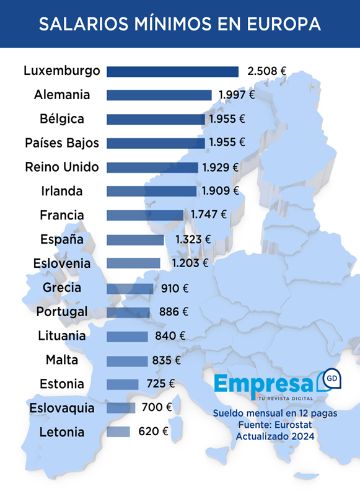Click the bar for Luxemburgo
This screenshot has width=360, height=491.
pos(172,71)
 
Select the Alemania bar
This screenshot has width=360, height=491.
pos(159,95)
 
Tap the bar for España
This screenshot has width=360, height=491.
pos(135,239)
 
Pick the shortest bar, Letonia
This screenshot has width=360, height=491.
pos(118,431)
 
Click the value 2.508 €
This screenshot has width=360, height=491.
pos(266,71)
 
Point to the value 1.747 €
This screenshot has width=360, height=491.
pos(208,215)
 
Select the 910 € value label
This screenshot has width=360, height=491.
pos(174,288)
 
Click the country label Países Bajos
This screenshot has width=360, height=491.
pos(62,143)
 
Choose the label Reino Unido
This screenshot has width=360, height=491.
pos(62,167)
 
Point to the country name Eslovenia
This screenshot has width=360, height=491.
pos(62,263)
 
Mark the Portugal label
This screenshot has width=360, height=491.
pos(62,311)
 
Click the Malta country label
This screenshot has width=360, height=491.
pos(62,360)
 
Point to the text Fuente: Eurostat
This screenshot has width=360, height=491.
pos(275,425)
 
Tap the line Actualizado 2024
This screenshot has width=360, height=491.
pos(275,436)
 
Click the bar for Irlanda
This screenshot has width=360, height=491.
pos(152,191)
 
